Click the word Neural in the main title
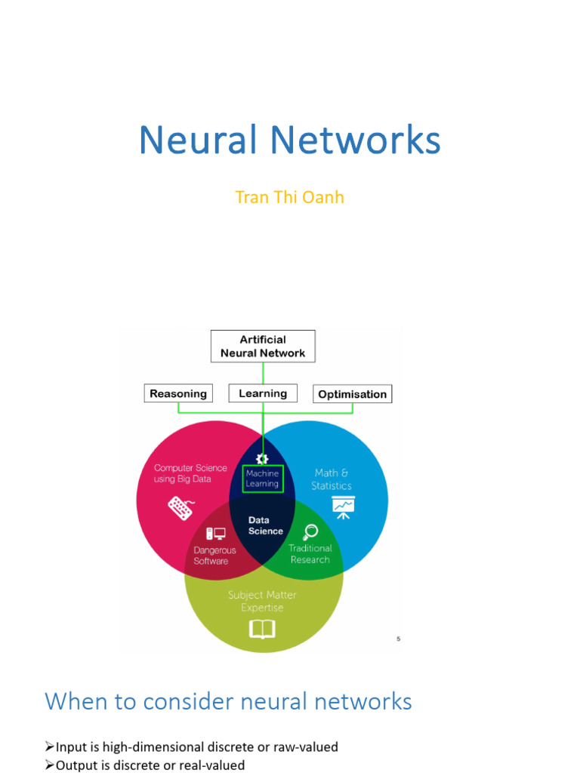[x=198, y=140]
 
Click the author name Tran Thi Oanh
[x=289, y=197]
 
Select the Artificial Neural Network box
[x=263, y=346]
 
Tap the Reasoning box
[x=178, y=393]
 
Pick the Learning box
[x=263, y=393]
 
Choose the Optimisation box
[x=352, y=394]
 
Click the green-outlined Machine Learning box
[x=262, y=479]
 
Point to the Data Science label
[x=265, y=525]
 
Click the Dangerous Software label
[x=214, y=556]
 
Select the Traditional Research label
[x=310, y=553]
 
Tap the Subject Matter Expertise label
[x=262, y=601]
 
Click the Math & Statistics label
[x=332, y=479]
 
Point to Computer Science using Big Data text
[x=190, y=473]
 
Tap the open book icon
[x=262, y=629]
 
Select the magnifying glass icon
[x=310, y=531]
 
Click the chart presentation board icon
[x=343, y=507]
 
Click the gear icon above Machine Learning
[x=262, y=458]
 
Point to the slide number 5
[x=398, y=639]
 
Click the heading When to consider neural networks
[x=228, y=701]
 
